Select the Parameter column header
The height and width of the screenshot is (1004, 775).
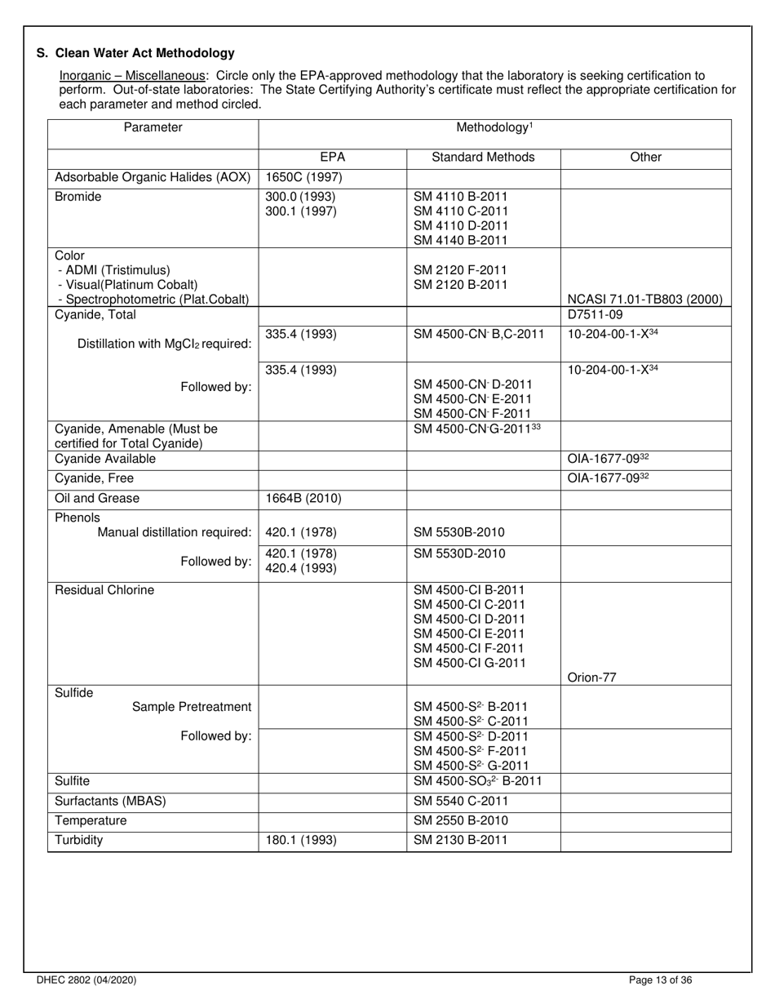click(x=153, y=127)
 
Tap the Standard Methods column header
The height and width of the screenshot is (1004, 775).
click(x=483, y=157)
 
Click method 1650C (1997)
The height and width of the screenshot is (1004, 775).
click(x=303, y=177)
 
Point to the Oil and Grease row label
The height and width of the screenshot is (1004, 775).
click(x=97, y=498)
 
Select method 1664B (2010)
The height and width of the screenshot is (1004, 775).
click(x=303, y=498)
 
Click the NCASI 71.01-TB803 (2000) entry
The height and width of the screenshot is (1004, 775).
click(x=644, y=299)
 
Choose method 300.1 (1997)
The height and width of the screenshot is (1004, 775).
click(x=300, y=211)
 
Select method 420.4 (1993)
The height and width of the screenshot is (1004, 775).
click(x=301, y=568)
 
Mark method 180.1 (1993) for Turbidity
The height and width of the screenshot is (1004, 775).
click(x=301, y=839)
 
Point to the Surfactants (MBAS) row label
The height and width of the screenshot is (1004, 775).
click(x=110, y=801)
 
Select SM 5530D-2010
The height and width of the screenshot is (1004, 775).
click(x=459, y=553)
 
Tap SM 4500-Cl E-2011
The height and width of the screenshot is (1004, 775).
click(x=469, y=633)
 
